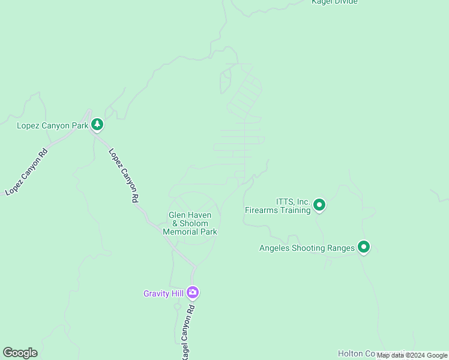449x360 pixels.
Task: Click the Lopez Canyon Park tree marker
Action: click(x=97, y=125)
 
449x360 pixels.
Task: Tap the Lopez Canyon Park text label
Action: click(x=52, y=125)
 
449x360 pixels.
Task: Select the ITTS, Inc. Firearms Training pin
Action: click(x=319, y=206)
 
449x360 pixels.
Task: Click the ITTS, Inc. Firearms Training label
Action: click(x=277, y=206)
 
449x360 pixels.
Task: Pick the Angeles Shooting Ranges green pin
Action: click(x=363, y=247)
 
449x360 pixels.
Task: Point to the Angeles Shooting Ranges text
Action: click(x=307, y=248)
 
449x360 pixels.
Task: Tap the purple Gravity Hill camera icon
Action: click(x=193, y=293)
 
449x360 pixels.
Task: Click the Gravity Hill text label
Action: click(x=163, y=293)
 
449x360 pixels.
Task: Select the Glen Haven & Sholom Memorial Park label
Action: click(x=190, y=223)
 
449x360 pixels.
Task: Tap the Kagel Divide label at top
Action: click(x=334, y=2)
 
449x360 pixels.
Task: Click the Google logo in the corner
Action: click(x=20, y=353)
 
